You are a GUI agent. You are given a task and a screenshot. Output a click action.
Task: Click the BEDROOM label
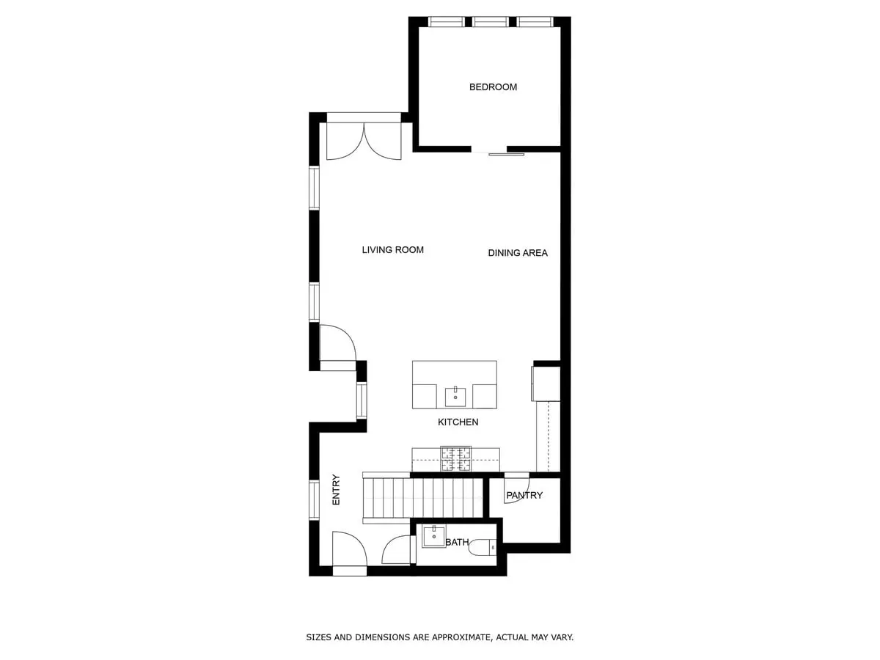coord(493,87)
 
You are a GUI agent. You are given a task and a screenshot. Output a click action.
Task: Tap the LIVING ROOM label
coord(392,250)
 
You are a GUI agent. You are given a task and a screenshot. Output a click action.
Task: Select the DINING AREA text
coord(518,253)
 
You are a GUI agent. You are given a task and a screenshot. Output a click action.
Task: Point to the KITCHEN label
coord(458,422)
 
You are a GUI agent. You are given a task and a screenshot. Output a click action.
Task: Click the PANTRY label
coord(524,496)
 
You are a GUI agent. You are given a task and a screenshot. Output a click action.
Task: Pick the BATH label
coord(457,543)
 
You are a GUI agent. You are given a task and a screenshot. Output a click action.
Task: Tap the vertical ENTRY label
coord(336,489)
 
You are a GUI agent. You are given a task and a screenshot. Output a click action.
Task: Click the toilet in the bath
coord(483,546)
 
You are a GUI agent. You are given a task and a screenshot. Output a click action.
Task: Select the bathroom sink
coord(434,536)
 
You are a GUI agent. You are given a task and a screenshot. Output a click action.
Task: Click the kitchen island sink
coord(455,396)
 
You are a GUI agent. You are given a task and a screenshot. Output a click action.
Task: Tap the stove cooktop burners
coord(455,458)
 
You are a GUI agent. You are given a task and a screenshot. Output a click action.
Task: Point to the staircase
coord(423,499)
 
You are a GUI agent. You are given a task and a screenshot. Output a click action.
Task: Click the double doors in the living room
coord(364,142)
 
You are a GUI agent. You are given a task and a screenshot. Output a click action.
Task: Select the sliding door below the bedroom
coord(506,154)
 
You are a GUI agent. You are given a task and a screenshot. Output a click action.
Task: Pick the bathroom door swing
coord(397,550)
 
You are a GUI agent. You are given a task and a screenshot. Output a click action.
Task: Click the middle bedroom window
coord(491,22)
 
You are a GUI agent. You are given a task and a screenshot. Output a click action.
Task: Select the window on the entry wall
coord(314,500)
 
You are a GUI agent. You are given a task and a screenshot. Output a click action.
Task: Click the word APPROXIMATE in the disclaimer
coord(457,637)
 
